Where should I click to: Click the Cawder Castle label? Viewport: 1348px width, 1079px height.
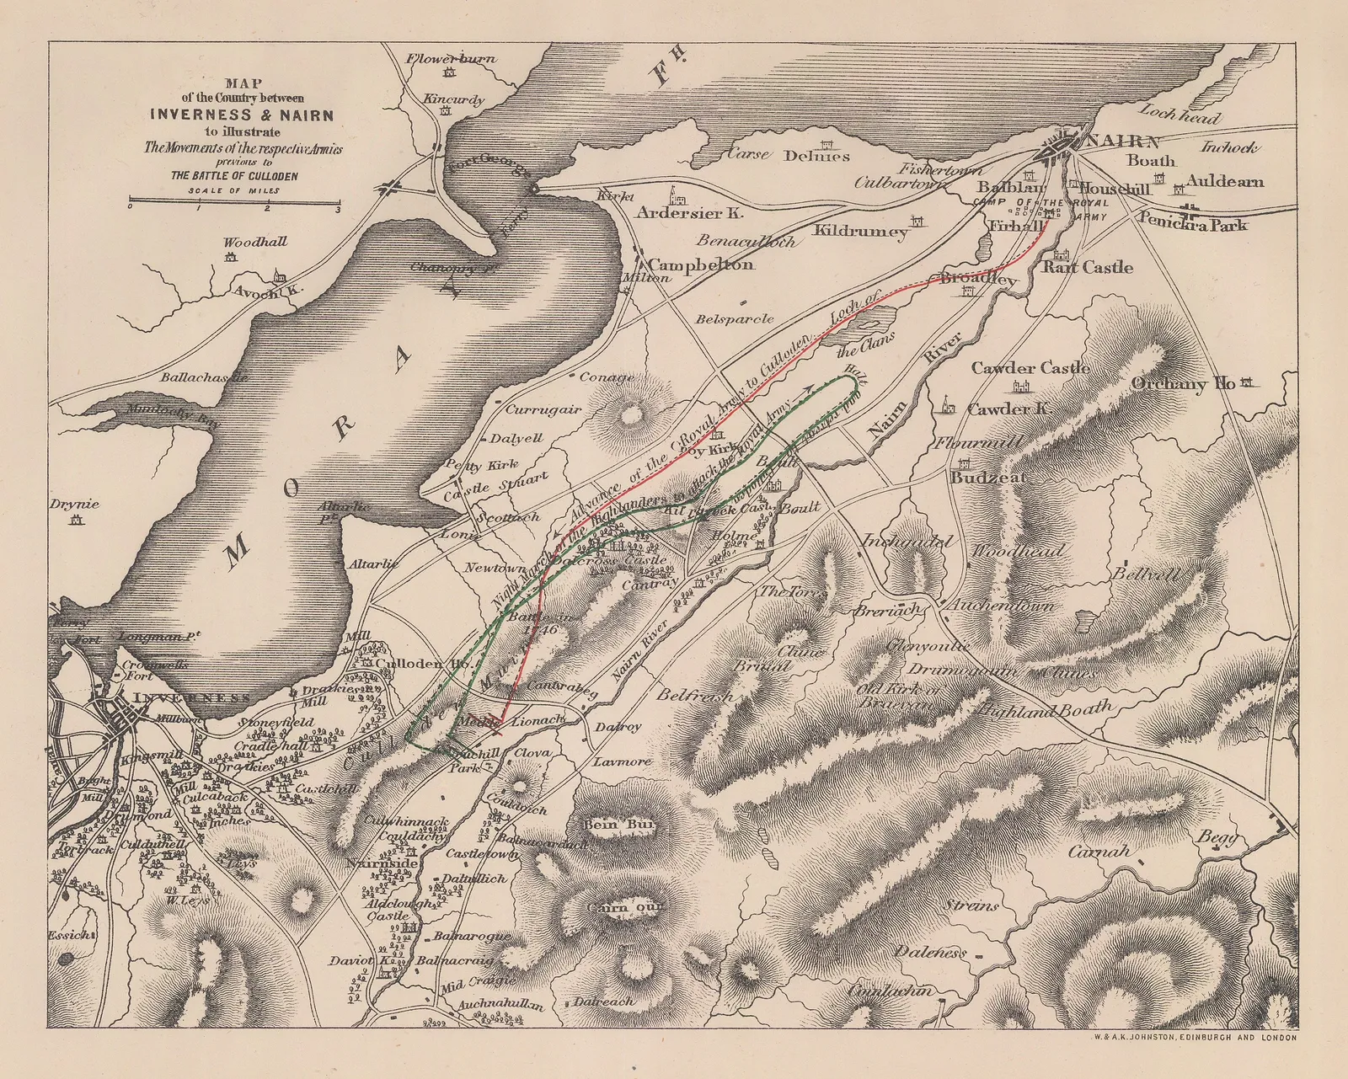click(x=1030, y=368)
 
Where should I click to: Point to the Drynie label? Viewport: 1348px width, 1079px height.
click(x=74, y=505)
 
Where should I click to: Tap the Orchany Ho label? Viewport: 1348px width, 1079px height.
click(x=1183, y=384)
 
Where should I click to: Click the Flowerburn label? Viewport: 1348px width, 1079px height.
click(x=451, y=59)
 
